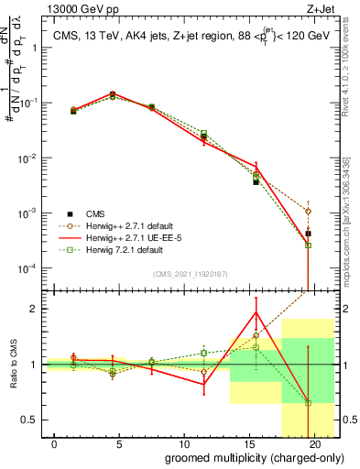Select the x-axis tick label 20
coord(314,443)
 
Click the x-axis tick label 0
coord(56,443)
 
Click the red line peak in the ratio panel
coord(256,312)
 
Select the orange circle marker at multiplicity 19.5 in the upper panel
coord(309,212)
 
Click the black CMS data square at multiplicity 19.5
coord(309,234)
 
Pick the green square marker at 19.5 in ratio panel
coord(309,402)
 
